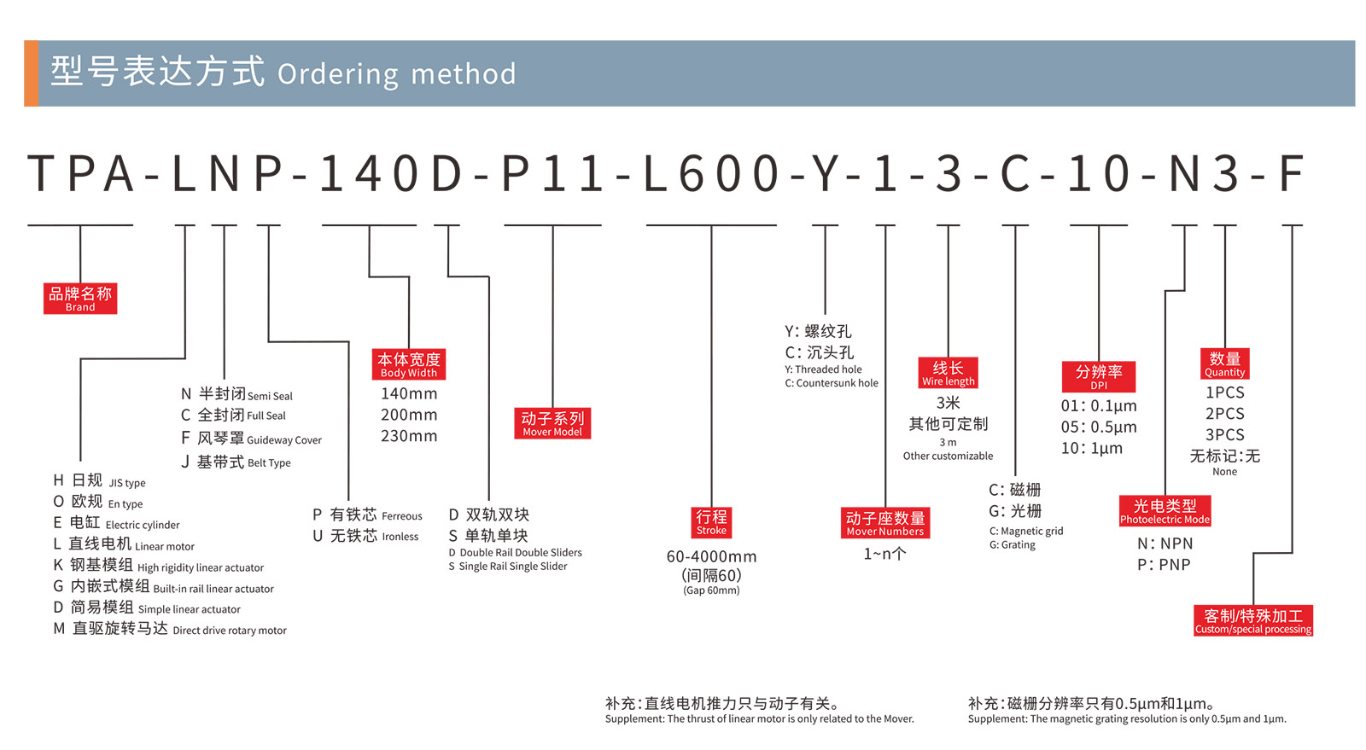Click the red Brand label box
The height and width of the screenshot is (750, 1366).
pyautogui.click(x=80, y=299)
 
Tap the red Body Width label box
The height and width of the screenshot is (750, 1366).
pyautogui.click(x=409, y=364)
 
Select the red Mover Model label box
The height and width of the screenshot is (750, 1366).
pyautogui.click(x=552, y=423)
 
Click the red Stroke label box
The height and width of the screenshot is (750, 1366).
pyautogui.click(x=711, y=521)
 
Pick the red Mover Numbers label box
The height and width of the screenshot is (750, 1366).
pyautogui.click(x=885, y=523)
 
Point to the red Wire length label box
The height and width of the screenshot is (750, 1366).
pyautogui.click(x=948, y=373)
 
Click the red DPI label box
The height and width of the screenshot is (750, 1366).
pyautogui.click(x=1099, y=376)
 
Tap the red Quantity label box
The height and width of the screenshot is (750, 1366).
pyautogui.click(x=1224, y=363)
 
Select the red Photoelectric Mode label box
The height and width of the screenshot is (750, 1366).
pyautogui.click(x=1165, y=511)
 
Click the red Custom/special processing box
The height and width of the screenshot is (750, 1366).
pyautogui.click(x=1253, y=620)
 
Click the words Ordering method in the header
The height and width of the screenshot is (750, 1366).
pyautogui.click(x=397, y=74)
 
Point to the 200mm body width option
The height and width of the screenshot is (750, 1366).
pyautogui.click(x=409, y=415)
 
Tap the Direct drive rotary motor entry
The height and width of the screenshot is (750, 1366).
pyautogui.click(x=229, y=631)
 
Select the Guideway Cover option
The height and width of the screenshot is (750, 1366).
pyautogui.click(x=283, y=440)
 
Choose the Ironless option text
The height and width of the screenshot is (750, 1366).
pyautogui.click(x=400, y=537)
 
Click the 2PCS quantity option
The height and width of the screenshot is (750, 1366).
pyautogui.click(x=1224, y=414)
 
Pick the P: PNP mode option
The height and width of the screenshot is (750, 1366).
pyautogui.click(x=1164, y=565)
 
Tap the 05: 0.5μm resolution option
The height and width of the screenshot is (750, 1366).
pyautogui.click(x=1099, y=427)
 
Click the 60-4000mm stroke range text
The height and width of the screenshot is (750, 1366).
pyautogui.click(x=711, y=556)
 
